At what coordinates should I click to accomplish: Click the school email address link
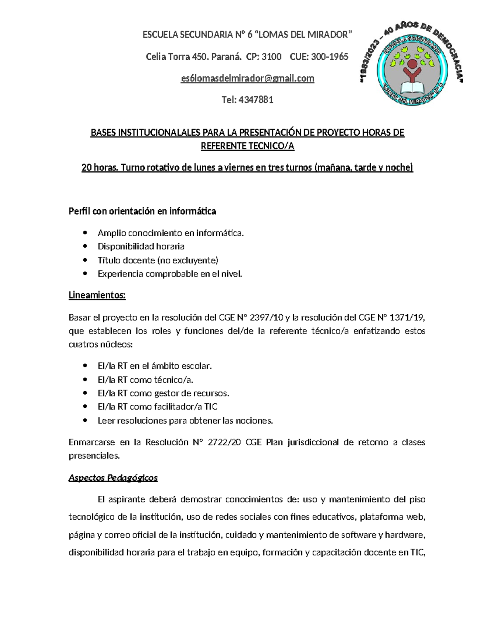[247, 78]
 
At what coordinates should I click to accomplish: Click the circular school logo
[412, 69]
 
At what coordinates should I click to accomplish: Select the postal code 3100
[271, 57]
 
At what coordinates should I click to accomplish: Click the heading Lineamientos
[97, 296]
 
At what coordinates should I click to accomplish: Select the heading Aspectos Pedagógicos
[113, 478]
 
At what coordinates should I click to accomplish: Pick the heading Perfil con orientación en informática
[142, 211]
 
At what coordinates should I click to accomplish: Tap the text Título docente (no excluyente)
[158, 260]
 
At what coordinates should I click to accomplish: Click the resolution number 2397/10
[267, 317]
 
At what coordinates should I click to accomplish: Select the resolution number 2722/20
[224, 442]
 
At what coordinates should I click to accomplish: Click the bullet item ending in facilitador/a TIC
[157, 407]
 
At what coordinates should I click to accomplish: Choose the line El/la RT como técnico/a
[145, 380]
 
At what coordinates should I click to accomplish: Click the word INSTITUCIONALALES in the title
[159, 133]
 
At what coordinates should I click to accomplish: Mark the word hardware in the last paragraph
[406, 535]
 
